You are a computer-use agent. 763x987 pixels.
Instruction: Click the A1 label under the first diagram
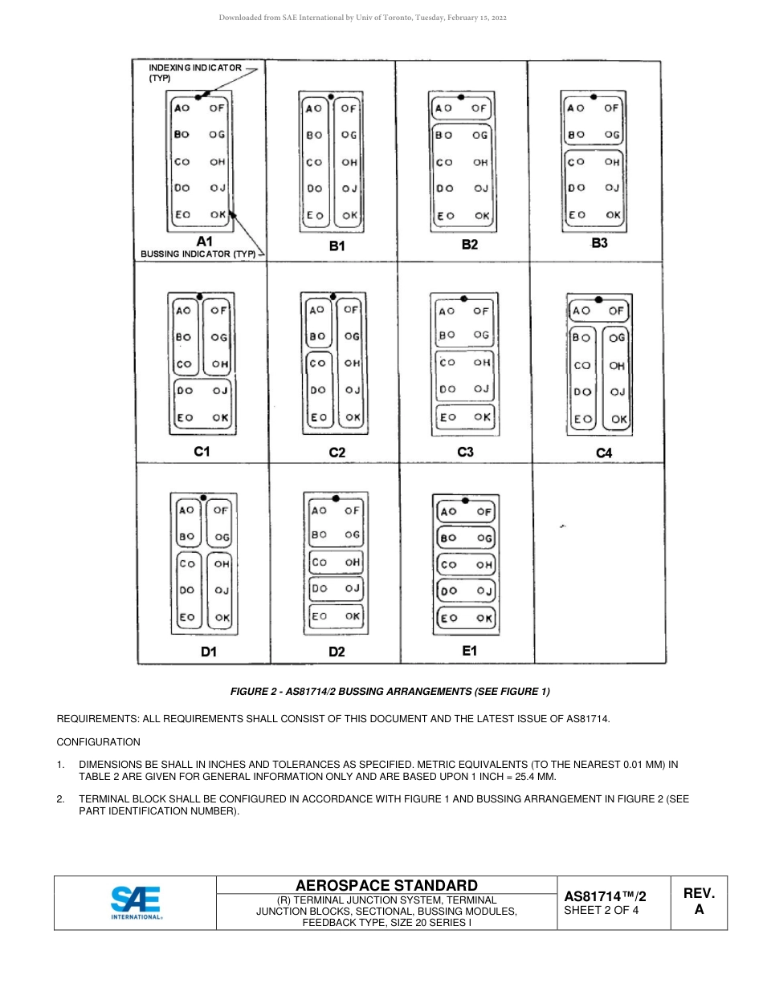click(204, 242)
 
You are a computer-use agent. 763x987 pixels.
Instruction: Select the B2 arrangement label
click(470, 244)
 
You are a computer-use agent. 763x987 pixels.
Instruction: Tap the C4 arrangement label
click(604, 453)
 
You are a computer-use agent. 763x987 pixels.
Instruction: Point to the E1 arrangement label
click(470, 651)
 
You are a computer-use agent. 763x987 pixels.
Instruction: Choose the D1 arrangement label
click(209, 652)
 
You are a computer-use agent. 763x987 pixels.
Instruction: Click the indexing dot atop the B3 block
click(593, 95)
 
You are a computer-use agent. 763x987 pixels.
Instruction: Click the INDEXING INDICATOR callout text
click(194, 72)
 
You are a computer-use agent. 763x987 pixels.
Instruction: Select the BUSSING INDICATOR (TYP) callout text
click(198, 254)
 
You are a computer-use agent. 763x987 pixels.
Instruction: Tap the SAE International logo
click(136, 902)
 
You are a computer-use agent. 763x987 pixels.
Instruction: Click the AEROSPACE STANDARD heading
click(386, 885)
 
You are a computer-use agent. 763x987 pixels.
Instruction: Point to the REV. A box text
click(699, 901)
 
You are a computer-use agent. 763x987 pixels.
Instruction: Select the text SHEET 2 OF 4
click(602, 910)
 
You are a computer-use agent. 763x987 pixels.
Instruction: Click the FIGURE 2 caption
click(390, 692)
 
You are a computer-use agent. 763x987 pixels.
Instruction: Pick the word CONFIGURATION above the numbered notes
click(98, 742)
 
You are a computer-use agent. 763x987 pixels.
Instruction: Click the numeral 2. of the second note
click(61, 799)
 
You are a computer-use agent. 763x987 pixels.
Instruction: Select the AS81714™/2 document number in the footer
click(605, 896)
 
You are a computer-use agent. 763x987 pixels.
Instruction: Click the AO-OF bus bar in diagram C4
click(598, 311)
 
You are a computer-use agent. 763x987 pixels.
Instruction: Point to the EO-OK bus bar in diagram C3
click(464, 417)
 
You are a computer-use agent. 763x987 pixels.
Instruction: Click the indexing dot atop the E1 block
click(465, 500)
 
